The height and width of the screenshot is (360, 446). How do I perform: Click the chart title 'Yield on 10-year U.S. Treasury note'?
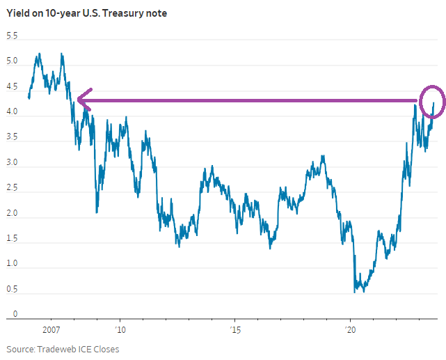(86, 13)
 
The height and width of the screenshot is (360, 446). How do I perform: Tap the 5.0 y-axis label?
(12, 61)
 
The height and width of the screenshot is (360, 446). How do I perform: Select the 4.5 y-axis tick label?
(12, 87)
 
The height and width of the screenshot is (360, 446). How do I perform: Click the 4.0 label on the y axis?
(12, 113)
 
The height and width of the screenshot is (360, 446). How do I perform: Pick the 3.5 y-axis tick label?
(12, 139)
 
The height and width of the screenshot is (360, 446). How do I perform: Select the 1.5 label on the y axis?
(12, 240)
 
